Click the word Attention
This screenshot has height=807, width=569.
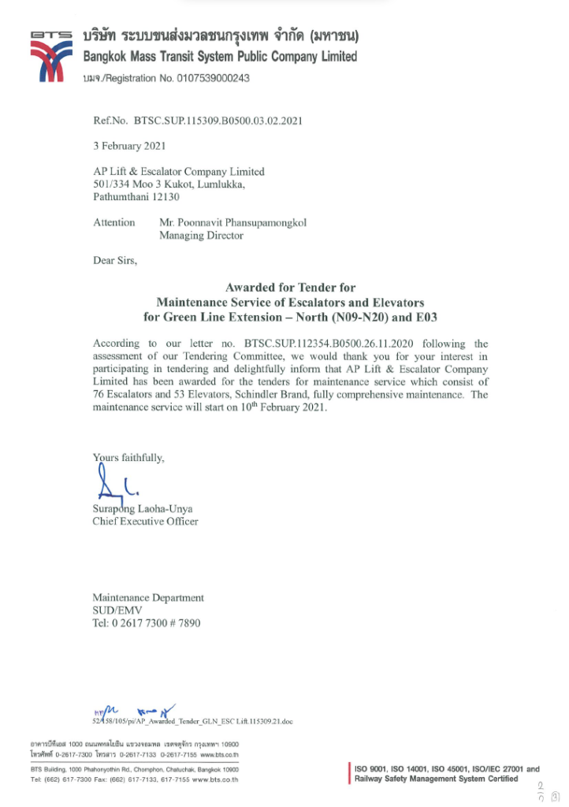coord(114,222)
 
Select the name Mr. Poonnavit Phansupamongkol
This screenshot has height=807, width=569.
coord(232,222)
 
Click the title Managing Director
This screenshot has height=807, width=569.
coord(201,235)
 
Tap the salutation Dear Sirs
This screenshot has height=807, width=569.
coord(114,261)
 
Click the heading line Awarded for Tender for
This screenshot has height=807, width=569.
coord(290,288)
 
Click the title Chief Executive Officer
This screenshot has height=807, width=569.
coord(145,521)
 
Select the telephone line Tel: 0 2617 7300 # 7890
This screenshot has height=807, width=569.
coord(146,623)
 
